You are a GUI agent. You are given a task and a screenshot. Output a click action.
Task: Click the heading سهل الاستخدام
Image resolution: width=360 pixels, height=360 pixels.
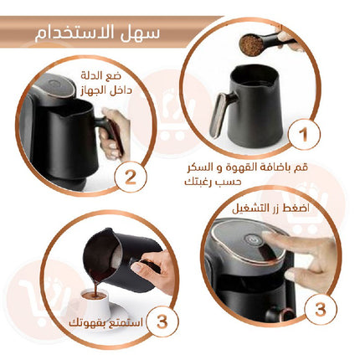[97, 33]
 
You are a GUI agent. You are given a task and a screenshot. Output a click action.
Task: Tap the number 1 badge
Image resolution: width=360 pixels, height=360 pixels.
[304, 134]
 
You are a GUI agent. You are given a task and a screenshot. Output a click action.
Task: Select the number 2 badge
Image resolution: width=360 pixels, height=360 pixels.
[131, 177]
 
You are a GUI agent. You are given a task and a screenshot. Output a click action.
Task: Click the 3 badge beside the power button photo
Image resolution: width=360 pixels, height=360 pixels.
[321, 309]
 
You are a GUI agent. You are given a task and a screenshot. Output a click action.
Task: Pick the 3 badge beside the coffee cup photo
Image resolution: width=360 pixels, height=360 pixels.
[162, 321]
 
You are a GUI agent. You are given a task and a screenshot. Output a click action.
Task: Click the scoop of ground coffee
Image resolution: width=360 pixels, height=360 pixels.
[252, 44]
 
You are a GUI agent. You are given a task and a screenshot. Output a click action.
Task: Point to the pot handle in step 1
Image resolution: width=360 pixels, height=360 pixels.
[220, 114]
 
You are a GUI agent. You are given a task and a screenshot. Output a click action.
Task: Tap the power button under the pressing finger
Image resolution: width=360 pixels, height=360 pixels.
[253, 239]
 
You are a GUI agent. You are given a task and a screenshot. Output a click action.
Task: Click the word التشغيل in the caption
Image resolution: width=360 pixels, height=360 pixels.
[251, 208]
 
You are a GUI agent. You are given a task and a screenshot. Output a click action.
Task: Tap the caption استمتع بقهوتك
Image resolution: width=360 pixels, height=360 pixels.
[106, 323]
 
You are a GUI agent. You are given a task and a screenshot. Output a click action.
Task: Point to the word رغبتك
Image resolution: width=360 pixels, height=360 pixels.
[199, 183]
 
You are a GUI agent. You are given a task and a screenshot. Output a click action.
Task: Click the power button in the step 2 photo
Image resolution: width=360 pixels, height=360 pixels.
[53, 83]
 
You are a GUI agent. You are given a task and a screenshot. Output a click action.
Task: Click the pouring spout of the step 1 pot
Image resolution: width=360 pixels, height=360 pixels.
[270, 84]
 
